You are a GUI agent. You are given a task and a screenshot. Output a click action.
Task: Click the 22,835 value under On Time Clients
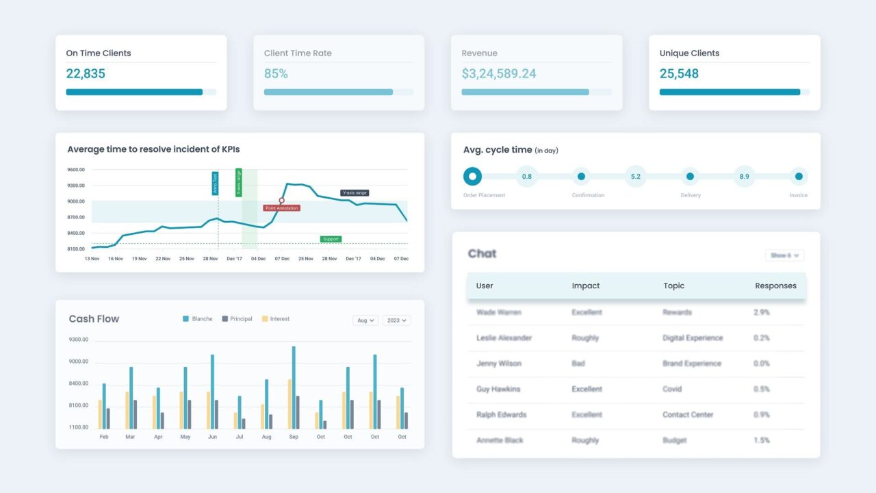[x=86, y=73]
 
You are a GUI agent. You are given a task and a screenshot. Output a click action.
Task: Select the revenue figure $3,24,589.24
[x=498, y=73]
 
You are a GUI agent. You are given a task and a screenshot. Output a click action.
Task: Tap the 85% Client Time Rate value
[x=276, y=73]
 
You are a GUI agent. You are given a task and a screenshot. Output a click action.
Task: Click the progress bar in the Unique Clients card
[x=730, y=92]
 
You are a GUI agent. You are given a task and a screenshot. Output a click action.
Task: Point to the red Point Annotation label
[x=281, y=207]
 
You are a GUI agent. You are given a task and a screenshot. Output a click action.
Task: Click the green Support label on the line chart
[x=331, y=239]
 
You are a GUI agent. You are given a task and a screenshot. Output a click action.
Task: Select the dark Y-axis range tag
[x=355, y=193]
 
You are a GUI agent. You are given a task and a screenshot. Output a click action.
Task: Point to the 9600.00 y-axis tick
[x=76, y=170]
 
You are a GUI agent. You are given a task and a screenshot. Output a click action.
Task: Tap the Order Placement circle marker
[x=472, y=177]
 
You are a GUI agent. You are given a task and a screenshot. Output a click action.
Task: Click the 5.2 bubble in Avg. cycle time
[x=636, y=177]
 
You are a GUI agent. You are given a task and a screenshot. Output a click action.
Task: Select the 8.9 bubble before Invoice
[x=744, y=177]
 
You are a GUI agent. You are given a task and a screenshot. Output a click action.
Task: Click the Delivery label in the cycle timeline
[x=690, y=195]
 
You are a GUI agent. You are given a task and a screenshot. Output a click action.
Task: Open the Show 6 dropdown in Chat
[x=784, y=255]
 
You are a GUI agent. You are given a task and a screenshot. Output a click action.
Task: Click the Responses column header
[x=775, y=286]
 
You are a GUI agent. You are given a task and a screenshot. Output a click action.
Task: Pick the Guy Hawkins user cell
[x=498, y=389]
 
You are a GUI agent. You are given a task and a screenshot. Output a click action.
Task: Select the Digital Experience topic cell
[x=693, y=338]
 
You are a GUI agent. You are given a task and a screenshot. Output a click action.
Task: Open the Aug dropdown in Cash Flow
[x=365, y=320]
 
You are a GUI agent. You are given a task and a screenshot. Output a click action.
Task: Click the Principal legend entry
[x=237, y=319]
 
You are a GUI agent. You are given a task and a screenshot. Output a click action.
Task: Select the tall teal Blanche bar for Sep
[x=294, y=387]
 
